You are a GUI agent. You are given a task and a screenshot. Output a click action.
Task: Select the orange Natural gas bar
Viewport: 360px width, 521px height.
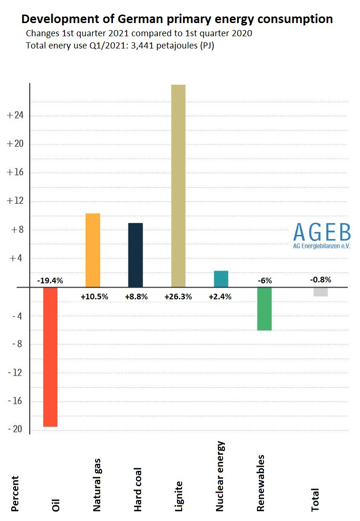point(93,250)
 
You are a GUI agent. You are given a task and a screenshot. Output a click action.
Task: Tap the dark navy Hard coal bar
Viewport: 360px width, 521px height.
point(136,255)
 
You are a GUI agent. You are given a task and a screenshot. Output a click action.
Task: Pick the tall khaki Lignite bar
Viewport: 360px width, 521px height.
point(178,185)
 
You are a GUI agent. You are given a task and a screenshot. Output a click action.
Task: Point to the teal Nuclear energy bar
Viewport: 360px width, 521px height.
point(221,279)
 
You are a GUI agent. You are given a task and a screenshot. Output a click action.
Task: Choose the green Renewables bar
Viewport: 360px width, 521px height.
point(264,309)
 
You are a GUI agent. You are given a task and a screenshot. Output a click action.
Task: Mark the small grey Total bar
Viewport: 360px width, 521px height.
point(320,292)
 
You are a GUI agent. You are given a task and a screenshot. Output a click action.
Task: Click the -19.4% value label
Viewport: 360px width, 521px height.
point(50,281)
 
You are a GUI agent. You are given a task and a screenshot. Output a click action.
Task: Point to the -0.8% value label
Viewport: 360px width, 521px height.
point(320,280)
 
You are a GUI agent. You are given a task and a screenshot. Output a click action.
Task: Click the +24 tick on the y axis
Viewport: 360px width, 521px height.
point(16,115)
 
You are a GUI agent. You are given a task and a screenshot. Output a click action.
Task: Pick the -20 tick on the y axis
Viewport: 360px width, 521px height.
point(16,430)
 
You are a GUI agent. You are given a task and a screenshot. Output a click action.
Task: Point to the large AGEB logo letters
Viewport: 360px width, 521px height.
point(321,232)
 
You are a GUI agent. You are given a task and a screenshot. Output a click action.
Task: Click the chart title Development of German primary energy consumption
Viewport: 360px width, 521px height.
point(177,19)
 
